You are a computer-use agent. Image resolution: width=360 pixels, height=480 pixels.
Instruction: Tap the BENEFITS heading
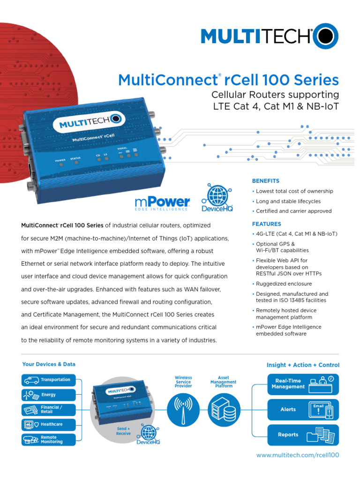click(x=266, y=181)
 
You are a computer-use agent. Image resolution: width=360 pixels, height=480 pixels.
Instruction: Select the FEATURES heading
click(x=267, y=224)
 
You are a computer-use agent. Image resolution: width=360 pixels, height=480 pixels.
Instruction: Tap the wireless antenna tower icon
click(x=183, y=408)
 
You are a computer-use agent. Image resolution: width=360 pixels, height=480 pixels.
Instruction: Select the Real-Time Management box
click(x=303, y=383)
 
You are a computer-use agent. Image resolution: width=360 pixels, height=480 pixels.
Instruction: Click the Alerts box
click(x=303, y=409)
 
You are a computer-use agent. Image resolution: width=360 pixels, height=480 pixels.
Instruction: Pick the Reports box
click(x=303, y=435)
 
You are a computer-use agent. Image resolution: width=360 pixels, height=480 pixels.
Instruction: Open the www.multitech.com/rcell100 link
click(x=298, y=455)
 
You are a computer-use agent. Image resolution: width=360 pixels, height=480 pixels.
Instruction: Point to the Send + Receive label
click(x=123, y=431)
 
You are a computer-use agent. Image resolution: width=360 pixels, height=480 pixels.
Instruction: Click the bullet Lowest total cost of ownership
click(x=294, y=191)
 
